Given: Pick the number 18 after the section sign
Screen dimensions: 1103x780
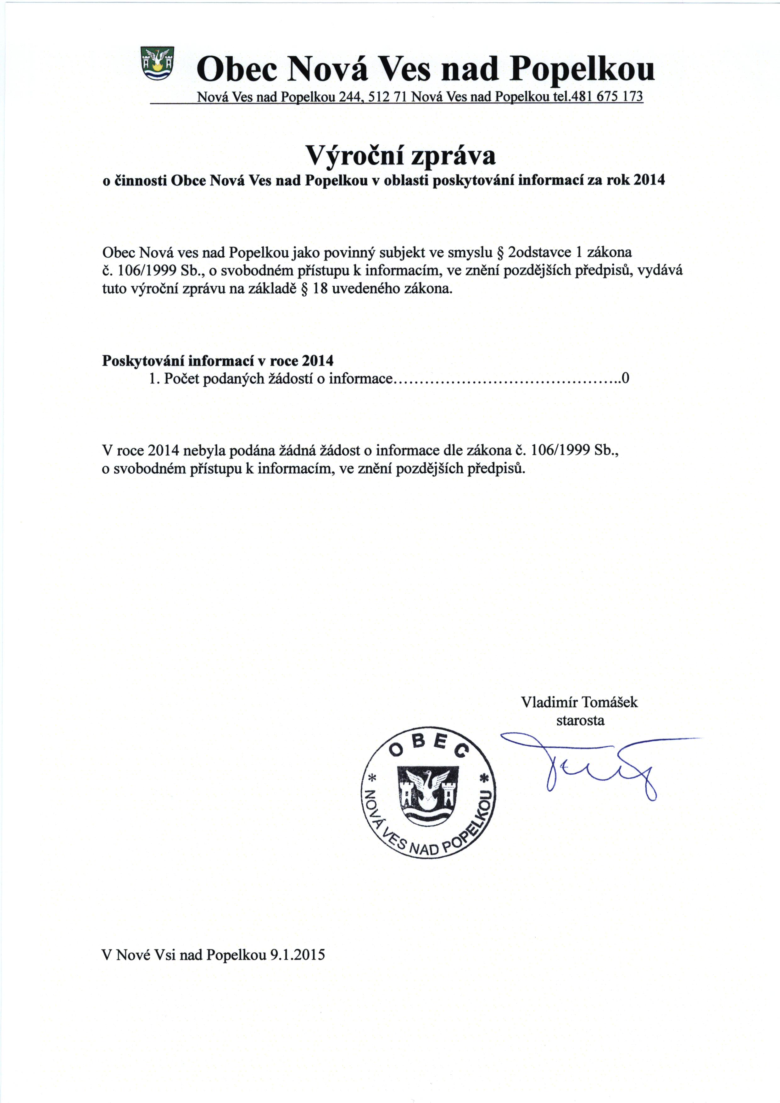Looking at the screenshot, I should [320, 290].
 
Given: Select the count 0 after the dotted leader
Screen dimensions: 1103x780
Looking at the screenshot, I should [625, 379].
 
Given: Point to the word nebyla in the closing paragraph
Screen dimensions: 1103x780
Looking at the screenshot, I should [205, 450].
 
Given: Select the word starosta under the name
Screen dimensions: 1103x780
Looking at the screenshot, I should [580, 720].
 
